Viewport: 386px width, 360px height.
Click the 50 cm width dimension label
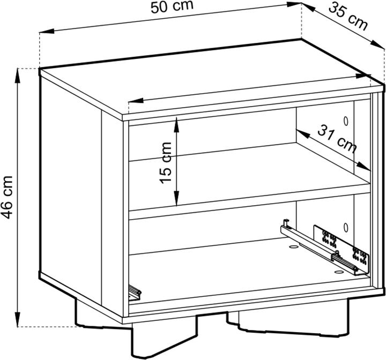172,7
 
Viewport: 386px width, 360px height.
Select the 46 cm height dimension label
6,197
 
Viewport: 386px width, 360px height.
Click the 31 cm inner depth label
337,139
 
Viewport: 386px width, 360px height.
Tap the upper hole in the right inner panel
346,121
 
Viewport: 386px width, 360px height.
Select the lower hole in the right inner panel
346,227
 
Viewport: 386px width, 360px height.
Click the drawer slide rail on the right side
320,247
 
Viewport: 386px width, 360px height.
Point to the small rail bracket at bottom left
135,292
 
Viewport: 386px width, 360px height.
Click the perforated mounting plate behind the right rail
341,248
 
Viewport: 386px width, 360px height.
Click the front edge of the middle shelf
250,201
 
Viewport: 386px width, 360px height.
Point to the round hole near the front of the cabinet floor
339,272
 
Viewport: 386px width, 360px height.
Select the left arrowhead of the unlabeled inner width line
136,101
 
